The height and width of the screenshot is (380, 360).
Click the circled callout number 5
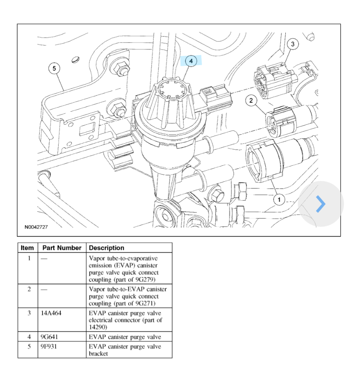coord(54,68)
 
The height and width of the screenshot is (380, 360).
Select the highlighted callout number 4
coord(191,61)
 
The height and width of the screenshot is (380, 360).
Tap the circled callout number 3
coord(293,44)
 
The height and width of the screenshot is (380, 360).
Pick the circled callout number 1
coord(279,199)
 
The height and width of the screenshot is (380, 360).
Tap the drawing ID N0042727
coord(36,227)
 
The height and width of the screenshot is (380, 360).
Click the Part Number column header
coord(62,248)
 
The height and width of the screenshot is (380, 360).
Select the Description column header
coord(107,248)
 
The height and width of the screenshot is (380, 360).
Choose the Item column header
coord(27,248)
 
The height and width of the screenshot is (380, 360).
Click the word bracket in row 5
coord(98,354)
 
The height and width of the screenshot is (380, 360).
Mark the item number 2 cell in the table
coord(29,289)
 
